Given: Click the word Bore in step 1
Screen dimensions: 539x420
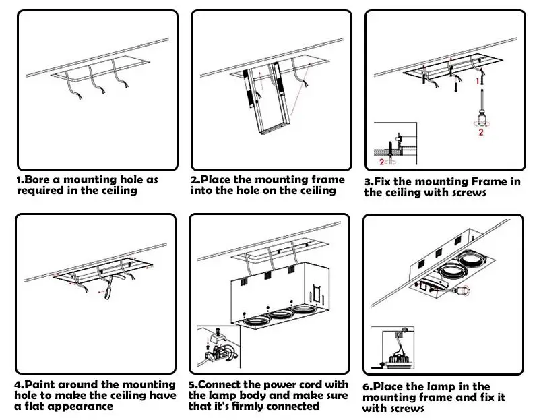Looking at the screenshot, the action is coord(38,179).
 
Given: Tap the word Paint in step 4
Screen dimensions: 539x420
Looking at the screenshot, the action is coord(38,384).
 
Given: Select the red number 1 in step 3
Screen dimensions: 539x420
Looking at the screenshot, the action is coord(478,81).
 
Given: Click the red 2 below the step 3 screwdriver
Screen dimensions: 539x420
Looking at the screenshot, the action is coord(481,132).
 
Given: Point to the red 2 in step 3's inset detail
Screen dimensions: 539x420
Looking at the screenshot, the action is coord(381,162).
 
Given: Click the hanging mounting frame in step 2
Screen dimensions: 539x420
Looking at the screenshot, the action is coord(266,98).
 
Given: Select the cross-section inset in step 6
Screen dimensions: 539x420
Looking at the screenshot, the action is coord(393,348).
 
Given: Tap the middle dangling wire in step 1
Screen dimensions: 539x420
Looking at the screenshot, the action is coord(96,80).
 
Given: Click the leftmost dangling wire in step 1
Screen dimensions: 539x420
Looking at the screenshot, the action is coord(73,86).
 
